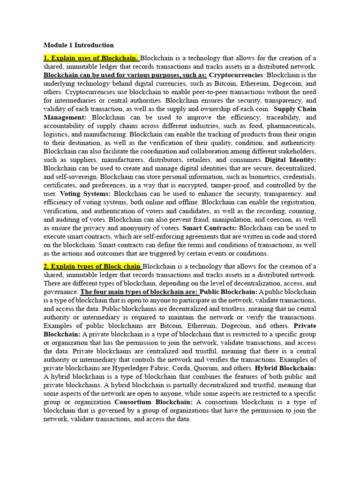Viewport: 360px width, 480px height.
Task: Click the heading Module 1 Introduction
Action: [x=78, y=45]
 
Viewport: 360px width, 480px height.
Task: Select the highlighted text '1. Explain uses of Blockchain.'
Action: [x=91, y=58]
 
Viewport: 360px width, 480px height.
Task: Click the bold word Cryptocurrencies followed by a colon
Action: [x=236, y=75]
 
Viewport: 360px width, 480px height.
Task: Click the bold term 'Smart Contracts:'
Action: [x=210, y=228]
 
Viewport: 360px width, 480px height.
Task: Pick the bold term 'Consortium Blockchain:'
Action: [x=153, y=402]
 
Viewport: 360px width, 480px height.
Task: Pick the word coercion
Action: [x=276, y=219]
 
